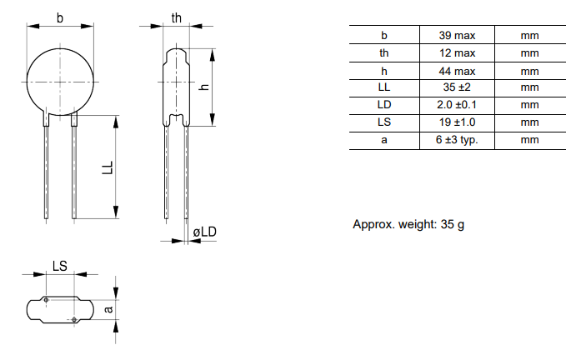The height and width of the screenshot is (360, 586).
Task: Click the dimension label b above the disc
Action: (x=59, y=18)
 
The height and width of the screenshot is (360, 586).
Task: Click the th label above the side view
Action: (x=176, y=18)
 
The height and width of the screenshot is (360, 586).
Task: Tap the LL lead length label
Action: (x=107, y=167)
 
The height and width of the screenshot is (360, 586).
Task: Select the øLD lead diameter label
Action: (x=204, y=231)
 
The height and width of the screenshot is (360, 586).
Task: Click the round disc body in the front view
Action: (x=59, y=82)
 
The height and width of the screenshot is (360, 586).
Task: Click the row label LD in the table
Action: (x=384, y=105)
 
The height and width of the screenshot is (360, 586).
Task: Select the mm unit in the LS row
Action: (x=529, y=122)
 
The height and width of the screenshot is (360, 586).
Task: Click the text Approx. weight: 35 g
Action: (x=408, y=225)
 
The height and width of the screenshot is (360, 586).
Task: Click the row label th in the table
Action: (x=384, y=53)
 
